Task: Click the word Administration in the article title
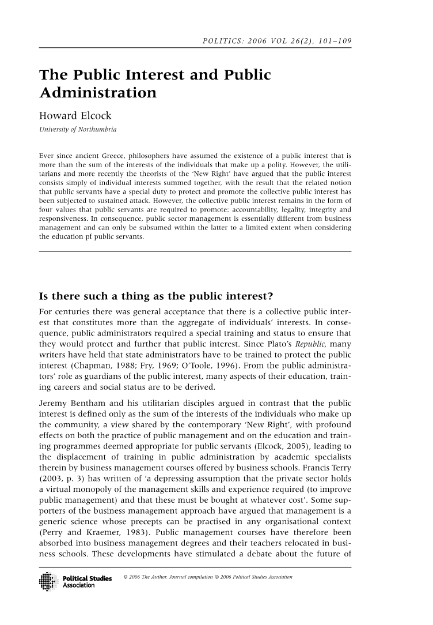tap(97, 93)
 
